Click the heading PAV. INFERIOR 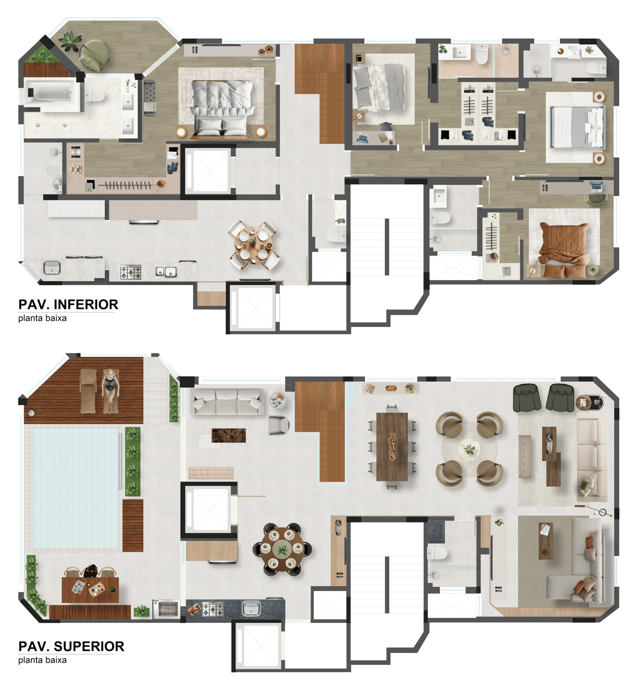pyautogui.click(x=68, y=305)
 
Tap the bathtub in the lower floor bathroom pyautogui.click(x=50, y=91)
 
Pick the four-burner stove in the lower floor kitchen pyautogui.click(x=131, y=272)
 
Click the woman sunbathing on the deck pyautogui.click(x=110, y=391)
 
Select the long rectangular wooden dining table pyautogui.click(x=392, y=447)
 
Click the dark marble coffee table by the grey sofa pyautogui.click(x=229, y=436)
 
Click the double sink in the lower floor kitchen pyautogui.click(x=166, y=272)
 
